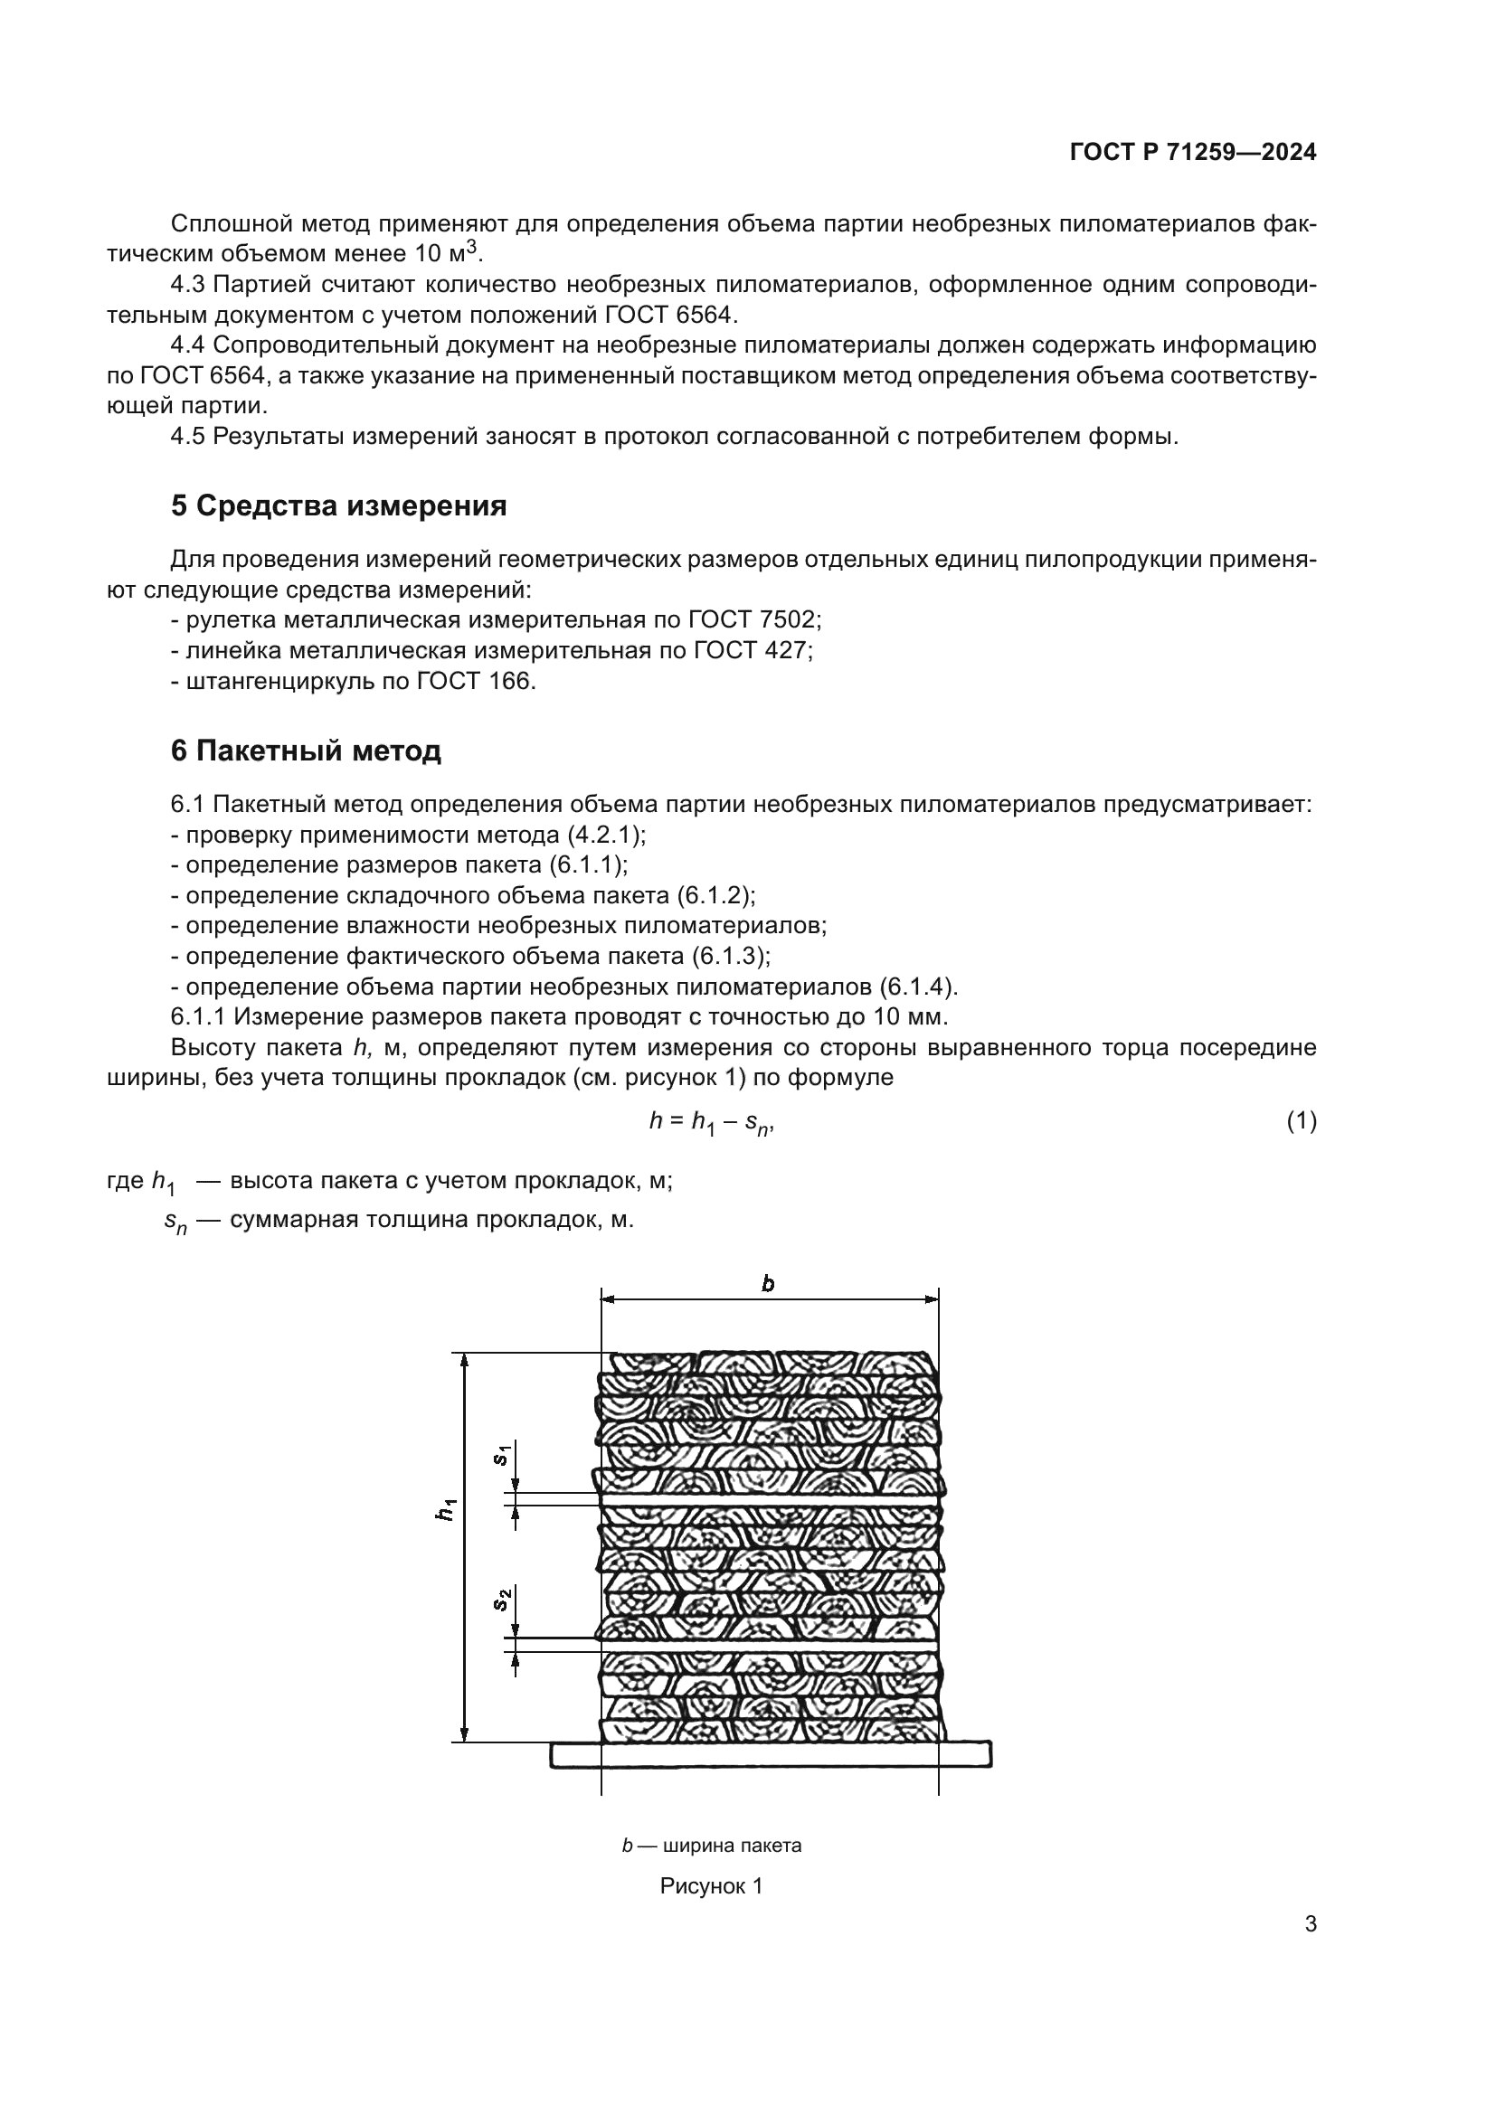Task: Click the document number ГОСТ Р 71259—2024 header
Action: click(1193, 153)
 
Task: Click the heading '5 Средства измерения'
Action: click(338, 505)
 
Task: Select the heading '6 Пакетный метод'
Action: click(306, 751)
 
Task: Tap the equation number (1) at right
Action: click(1301, 1121)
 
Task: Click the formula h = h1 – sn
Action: click(711, 1122)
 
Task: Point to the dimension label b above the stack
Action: click(768, 1283)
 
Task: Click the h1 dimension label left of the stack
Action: click(447, 1510)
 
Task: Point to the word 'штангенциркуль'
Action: click(279, 681)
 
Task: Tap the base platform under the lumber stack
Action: click(770, 1754)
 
